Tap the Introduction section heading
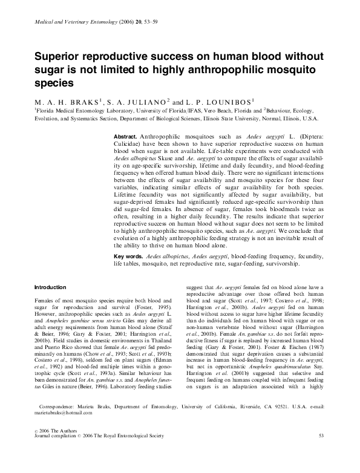(51, 287)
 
